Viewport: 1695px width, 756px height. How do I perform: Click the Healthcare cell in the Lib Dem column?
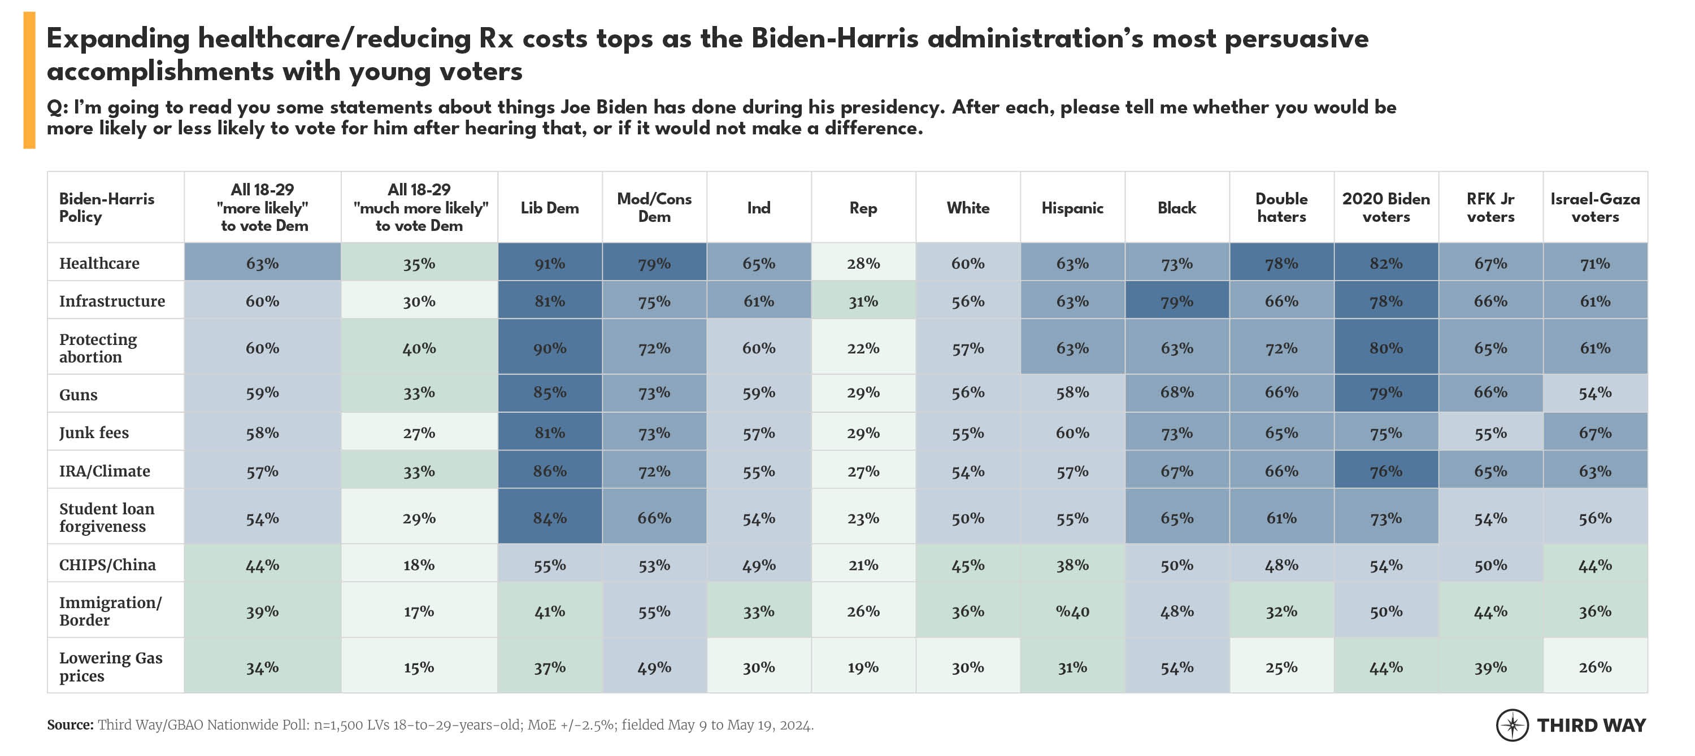point(549,263)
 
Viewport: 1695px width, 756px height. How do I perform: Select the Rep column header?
point(863,208)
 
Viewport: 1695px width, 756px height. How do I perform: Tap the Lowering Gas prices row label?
point(111,667)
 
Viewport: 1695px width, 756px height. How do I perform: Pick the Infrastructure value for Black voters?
point(1176,301)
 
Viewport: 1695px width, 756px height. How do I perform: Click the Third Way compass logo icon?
point(1512,725)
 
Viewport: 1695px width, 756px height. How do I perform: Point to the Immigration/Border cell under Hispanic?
point(1072,611)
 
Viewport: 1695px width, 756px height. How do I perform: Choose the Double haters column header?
point(1281,208)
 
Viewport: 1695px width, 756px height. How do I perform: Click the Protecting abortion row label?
point(98,348)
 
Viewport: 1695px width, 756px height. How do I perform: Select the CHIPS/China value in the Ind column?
point(758,565)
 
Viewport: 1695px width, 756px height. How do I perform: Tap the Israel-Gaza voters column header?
point(1595,208)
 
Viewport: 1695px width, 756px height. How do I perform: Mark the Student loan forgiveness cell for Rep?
point(863,518)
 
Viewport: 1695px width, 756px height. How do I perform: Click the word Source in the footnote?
point(69,725)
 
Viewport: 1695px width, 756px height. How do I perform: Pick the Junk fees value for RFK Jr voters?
point(1490,432)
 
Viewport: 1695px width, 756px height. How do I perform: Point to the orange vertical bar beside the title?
point(29,80)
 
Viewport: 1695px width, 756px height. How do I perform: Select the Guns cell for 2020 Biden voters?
point(1386,392)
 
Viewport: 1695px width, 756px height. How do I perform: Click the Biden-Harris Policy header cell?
point(107,208)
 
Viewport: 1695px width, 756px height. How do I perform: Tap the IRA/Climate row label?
point(105,471)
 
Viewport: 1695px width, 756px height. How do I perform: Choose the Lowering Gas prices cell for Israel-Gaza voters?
point(1595,667)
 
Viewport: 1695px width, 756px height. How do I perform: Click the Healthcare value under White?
point(967,263)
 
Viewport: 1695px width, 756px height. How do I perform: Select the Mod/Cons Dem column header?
point(654,208)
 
